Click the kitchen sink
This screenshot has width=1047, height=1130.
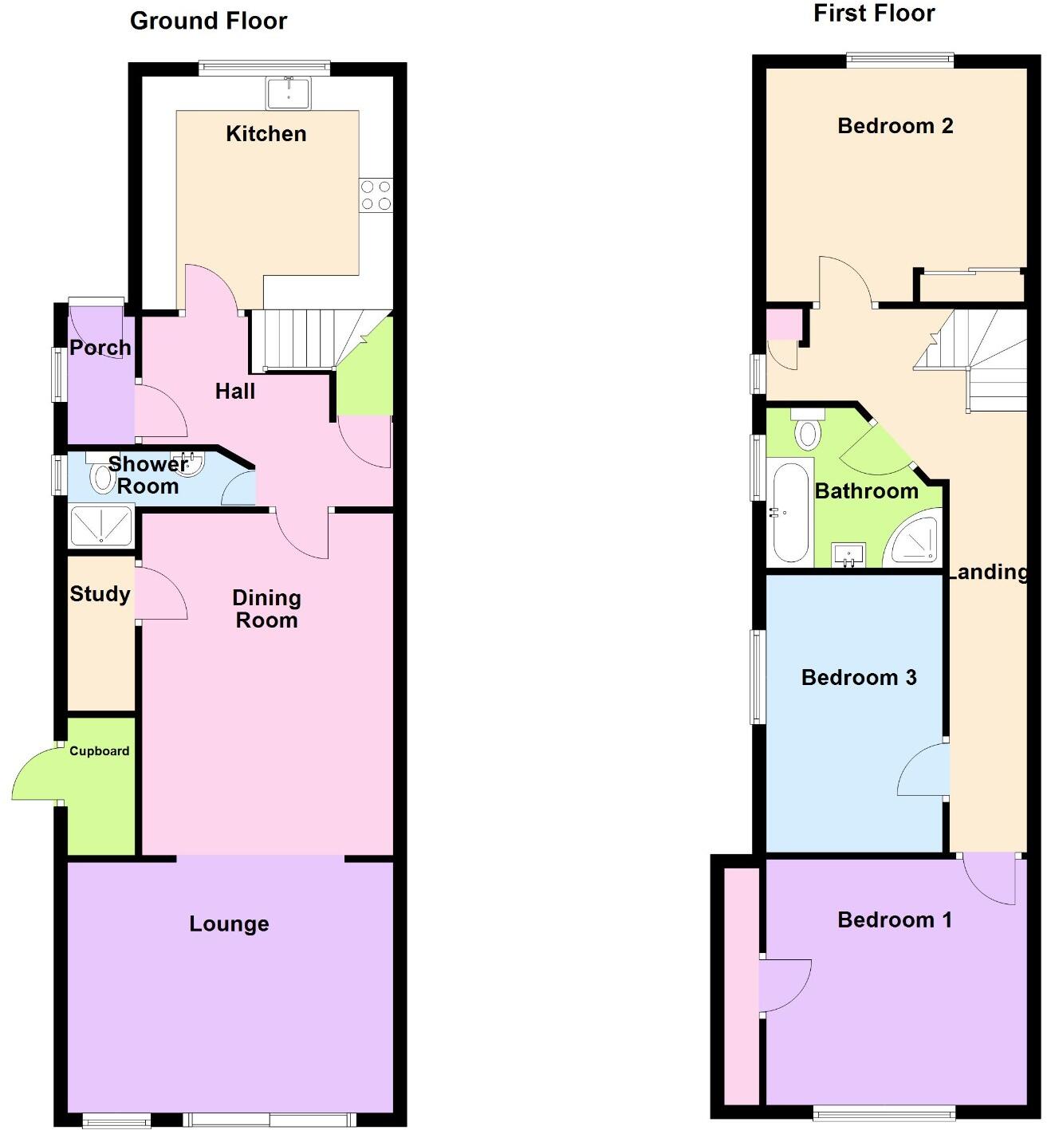(289, 93)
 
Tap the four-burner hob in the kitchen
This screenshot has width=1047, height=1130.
(376, 195)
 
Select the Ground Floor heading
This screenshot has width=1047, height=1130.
(208, 21)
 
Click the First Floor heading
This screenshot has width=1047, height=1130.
(873, 14)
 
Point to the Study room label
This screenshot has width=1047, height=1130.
(100, 594)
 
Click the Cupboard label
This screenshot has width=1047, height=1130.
(99, 751)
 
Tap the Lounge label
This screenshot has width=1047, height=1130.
(229, 924)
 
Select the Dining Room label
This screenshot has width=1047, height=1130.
(266, 609)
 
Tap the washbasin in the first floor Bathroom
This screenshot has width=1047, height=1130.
(848, 554)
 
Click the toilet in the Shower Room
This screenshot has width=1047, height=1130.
(102, 478)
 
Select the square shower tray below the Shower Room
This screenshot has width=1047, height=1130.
(101, 526)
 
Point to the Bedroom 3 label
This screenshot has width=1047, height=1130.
(858, 678)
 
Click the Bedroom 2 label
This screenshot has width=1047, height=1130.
(895, 126)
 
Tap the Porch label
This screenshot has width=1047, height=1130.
(100, 348)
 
